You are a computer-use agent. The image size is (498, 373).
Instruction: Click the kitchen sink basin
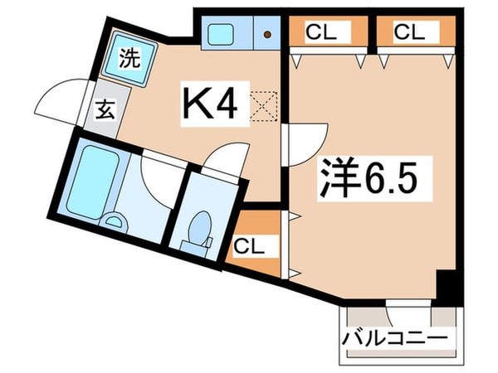[x=222, y=35]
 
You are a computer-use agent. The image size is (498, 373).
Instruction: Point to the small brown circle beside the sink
[x=267, y=35]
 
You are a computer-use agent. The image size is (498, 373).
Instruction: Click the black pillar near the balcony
[x=447, y=287]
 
